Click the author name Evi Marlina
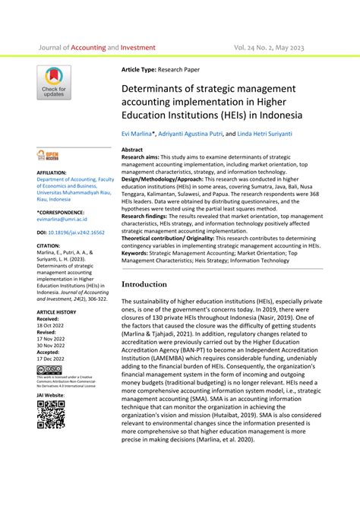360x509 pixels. coord(138,133)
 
